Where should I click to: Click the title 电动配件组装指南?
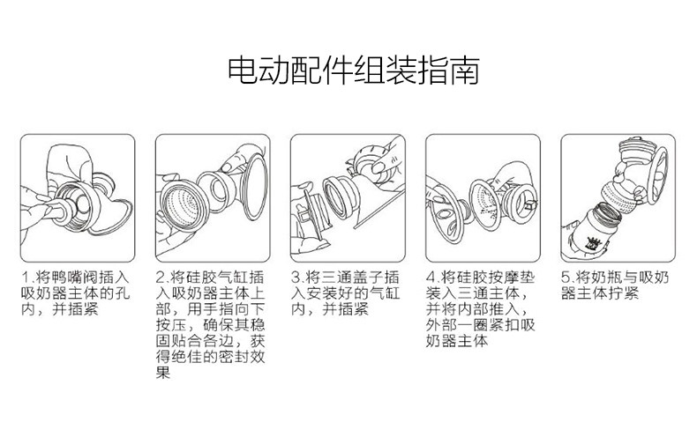[x=354, y=70]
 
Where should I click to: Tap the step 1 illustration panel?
[x=78, y=198]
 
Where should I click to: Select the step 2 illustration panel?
[x=213, y=198]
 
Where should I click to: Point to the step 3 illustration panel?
[x=348, y=198]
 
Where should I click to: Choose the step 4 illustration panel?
[x=483, y=198]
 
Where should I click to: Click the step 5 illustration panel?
[x=618, y=198]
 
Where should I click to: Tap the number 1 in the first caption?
[x=26, y=278]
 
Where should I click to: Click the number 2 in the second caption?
[x=161, y=278]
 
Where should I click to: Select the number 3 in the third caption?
[x=296, y=278]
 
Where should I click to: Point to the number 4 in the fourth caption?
[x=431, y=278]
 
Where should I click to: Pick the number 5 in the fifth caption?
[x=566, y=278]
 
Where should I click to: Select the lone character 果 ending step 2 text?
[x=163, y=372]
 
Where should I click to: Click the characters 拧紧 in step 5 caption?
[x=623, y=293]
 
